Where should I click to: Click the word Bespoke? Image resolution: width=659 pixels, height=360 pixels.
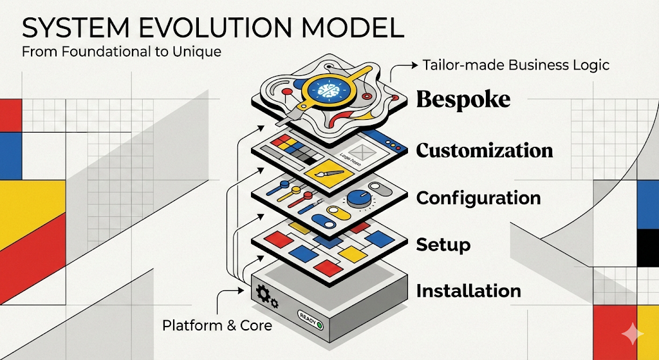click(x=463, y=100)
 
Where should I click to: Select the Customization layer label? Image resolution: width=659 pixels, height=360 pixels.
click(x=484, y=151)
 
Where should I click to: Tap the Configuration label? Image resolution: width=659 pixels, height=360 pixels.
click(x=478, y=198)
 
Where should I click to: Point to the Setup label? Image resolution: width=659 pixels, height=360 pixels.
click(x=443, y=245)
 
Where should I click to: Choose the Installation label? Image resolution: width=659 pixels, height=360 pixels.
click(x=469, y=291)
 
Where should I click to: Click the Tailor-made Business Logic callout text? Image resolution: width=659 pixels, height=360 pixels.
click(x=515, y=64)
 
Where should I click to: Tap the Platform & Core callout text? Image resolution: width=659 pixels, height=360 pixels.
click(x=217, y=326)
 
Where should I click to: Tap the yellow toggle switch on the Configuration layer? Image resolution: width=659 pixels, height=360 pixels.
click(x=335, y=211)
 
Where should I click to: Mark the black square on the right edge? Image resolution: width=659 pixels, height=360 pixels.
click(x=647, y=247)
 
